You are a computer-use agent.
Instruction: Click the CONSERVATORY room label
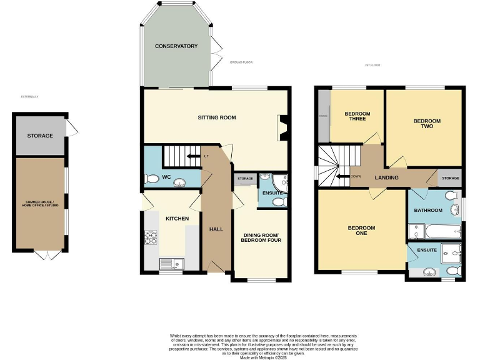tap(176, 46)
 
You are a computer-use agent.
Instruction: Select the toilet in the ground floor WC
tap(151, 179)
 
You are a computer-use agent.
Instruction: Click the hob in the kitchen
tap(151, 237)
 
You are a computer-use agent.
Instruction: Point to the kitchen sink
tap(168, 262)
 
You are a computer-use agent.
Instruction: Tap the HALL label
tap(216, 229)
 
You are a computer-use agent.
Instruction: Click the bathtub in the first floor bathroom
tap(436, 234)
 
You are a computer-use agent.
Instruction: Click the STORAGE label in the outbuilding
tap(40, 136)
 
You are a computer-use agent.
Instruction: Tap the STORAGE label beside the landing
tap(450, 178)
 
